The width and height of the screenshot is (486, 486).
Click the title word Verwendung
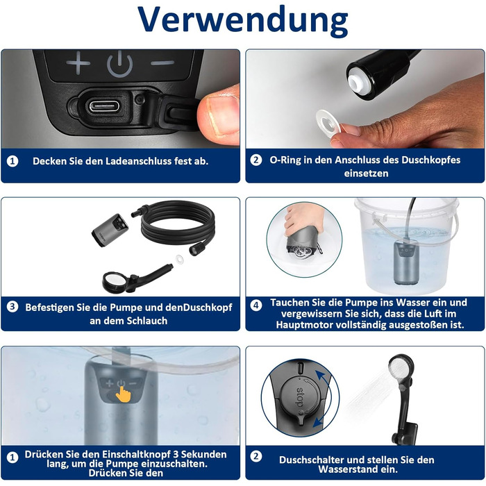click(243, 19)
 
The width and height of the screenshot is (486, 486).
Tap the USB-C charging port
click(104, 107)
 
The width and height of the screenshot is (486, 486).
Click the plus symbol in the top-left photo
click(78, 63)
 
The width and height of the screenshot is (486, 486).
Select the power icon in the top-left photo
click(119, 65)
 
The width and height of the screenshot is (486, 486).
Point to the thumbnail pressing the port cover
click(219, 115)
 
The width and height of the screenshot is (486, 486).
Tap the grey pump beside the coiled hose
click(110, 230)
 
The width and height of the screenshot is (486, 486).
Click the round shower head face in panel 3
click(113, 281)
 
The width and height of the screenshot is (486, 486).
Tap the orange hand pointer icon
click(124, 394)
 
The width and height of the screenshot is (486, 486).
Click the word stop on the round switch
click(300, 397)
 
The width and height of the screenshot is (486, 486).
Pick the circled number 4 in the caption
click(256, 305)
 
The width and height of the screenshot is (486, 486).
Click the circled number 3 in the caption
click(12, 307)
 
